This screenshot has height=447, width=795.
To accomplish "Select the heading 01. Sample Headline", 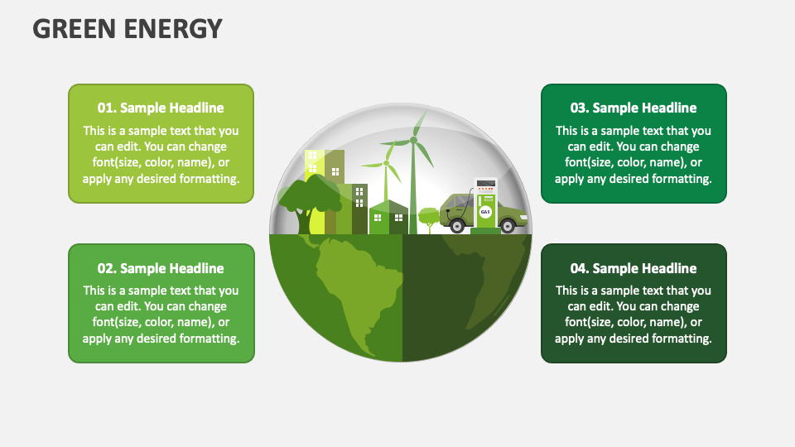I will (161, 108).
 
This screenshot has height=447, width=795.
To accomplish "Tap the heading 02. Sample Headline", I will (161, 268).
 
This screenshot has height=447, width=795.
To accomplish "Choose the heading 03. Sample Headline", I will (634, 108).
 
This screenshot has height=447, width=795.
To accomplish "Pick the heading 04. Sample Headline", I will (634, 268).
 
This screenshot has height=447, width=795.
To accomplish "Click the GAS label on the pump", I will (485, 212).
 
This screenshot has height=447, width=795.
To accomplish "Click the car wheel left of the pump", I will (456, 225).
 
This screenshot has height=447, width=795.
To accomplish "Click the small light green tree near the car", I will (429, 217).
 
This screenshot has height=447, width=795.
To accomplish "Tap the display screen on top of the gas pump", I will (486, 183).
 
